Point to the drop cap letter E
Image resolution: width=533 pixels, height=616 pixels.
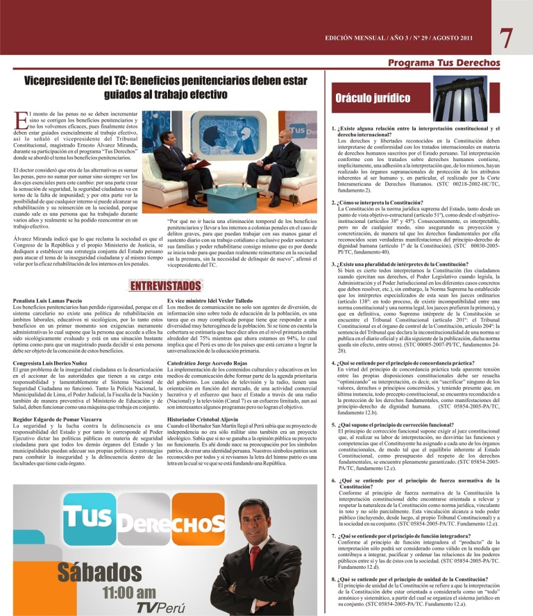pos(19,120)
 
